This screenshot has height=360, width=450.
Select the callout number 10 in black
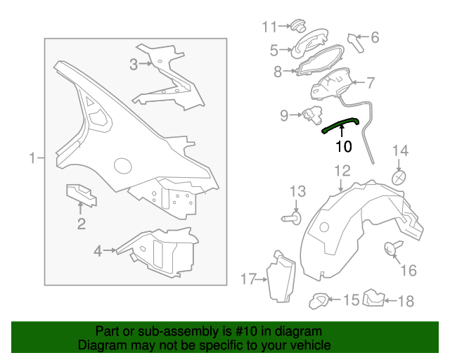(344, 146)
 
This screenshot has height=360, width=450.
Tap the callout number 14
(400, 150)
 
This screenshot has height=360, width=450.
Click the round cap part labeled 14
(399, 178)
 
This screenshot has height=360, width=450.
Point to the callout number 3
(134, 64)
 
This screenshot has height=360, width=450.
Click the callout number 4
(98, 251)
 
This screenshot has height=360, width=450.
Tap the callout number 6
(375, 37)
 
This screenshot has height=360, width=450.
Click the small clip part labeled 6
(355, 43)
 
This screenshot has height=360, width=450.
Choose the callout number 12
(342, 171)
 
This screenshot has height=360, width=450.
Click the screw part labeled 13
(292, 219)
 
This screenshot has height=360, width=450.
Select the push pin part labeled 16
(392, 247)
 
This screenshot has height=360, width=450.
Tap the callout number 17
(248, 278)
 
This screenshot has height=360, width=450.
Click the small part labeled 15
(319, 300)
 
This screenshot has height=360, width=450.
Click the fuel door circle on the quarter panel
(123, 166)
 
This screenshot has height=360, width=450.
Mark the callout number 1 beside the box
(33, 158)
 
